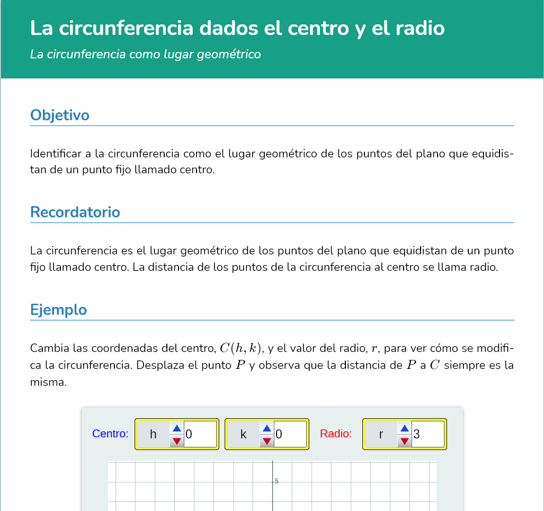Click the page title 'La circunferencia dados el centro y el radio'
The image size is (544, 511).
coord(237,29)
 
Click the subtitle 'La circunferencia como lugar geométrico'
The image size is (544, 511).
coord(146,54)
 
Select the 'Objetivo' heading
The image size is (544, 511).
coord(60,115)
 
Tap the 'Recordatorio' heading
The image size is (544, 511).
coord(75,212)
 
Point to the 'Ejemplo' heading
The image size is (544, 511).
coord(59,310)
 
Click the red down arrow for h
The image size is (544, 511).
coord(177,440)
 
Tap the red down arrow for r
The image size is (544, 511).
coord(405,440)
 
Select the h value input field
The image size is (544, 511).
coord(200,434)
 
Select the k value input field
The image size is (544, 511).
coord(290,434)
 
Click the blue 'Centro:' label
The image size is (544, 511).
coord(110,434)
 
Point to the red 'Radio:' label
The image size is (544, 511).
coord(336,434)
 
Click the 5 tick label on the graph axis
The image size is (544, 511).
coord(277,481)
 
